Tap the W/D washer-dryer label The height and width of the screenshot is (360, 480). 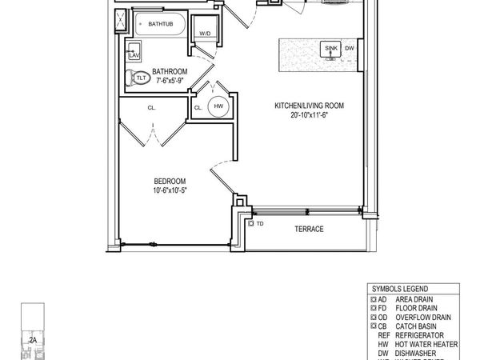point(205,33)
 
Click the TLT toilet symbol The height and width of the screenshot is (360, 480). point(140,78)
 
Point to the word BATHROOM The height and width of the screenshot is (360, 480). point(170,71)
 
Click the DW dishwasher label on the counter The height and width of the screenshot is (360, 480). point(350,49)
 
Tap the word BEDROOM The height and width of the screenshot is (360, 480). point(170,181)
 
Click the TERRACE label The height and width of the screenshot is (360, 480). point(308,230)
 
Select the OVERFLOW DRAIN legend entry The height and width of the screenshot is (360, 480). point(423,317)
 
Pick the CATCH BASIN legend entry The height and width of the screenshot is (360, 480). point(420,326)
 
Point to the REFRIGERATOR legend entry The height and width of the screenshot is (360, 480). point(422,335)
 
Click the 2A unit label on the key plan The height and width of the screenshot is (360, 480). point(33,340)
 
